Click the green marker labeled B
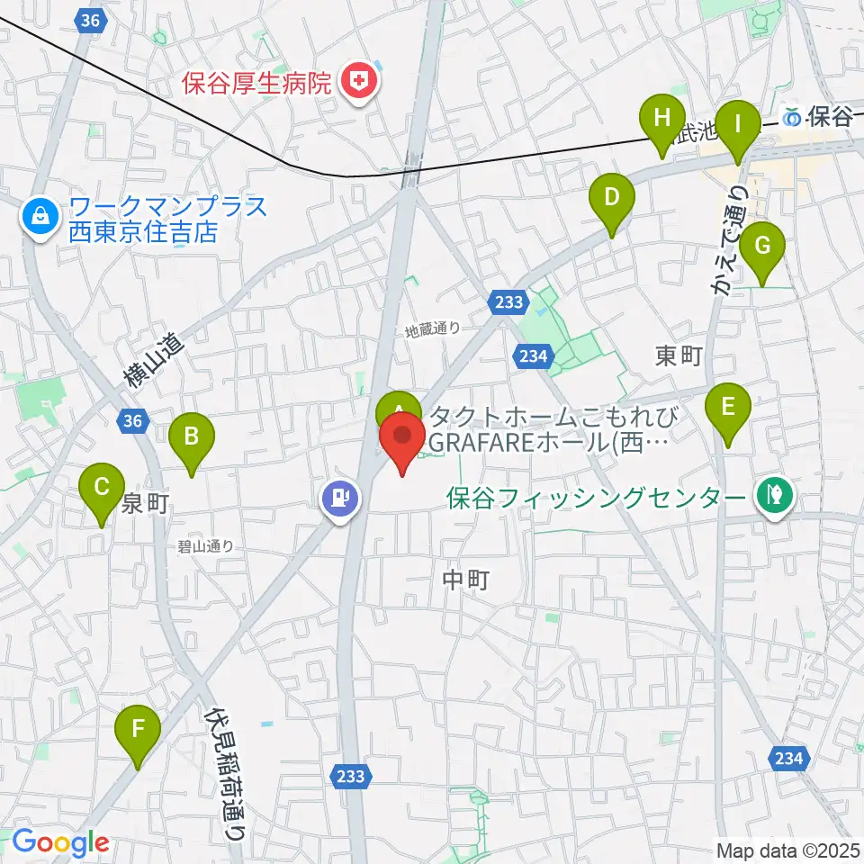tap(192, 437)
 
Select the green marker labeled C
tap(102, 489)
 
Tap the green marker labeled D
tap(611, 197)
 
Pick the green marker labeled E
tap(728, 407)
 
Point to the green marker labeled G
tap(762, 246)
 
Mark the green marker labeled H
tap(662, 118)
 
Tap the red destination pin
tap(402, 436)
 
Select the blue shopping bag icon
tap(40, 215)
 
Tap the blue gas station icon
tap(341, 496)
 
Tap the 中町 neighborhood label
tap(466, 580)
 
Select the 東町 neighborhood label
tap(679, 355)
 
